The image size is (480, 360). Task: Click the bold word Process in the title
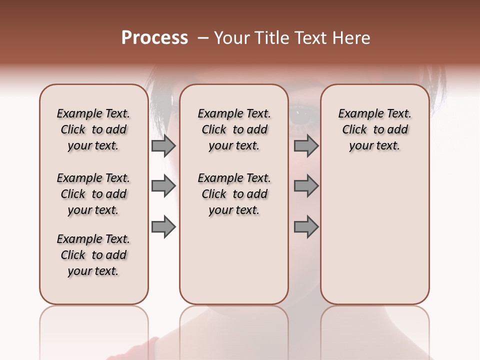pyautogui.click(x=154, y=38)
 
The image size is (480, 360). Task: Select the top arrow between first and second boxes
pyautogui.click(x=163, y=146)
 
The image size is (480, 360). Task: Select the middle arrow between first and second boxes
pyautogui.click(x=163, y=186)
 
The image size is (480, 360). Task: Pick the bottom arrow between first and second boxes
pyautogui.click(x=163, y=227)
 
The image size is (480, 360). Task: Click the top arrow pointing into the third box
pyautogui.click(x=306, y=146)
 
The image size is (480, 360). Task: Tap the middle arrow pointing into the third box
pyautogui.click(x=306, y=186)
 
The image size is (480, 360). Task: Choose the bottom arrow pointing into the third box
pyautogui.click(x=306, y=227)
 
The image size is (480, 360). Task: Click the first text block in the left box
pyautogui.click(x=93, y=129)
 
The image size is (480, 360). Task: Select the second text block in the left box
pyautogui.click(x=93, y=194)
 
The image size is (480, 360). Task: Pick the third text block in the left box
pyautogui.click(x=93, y=255)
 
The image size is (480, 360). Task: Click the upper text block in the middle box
pyautogui.click(x=234, y=129)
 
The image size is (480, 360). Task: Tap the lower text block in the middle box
pyautogui.click(x=234, y=194)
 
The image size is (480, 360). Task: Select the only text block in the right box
pyautogui.click(x=374, y=129)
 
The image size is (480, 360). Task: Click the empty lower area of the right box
pyautogui.click(x=374, y=235)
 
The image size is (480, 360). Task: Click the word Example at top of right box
pyautogui.click(x=356, y=113)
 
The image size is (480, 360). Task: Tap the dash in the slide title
pyautogui.click(x=202, y=38)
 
